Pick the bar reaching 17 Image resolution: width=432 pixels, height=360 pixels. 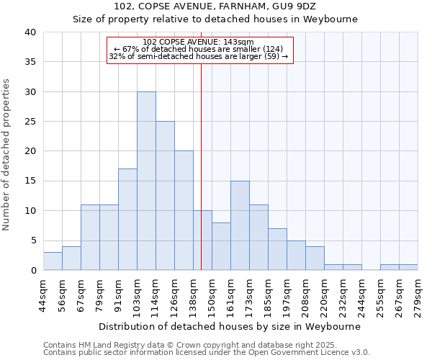tap(127, 220)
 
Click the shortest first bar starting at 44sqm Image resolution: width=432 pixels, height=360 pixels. tap(53, 261)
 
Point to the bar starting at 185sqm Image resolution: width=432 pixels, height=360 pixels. tap(277, 249)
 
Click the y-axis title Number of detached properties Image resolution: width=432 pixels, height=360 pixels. tap(7, 151)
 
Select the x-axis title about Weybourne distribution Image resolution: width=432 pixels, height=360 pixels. tap(229, 326)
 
